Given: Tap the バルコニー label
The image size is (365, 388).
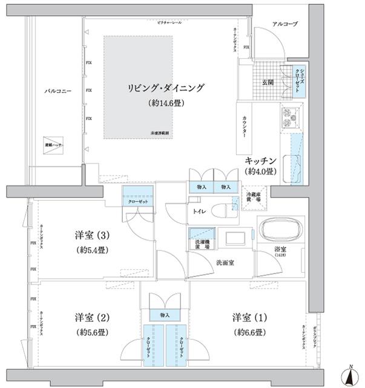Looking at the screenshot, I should (58, 91).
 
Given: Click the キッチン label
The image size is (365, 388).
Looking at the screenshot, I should (261, 161).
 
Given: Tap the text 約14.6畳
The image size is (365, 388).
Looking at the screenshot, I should (166, 103).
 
